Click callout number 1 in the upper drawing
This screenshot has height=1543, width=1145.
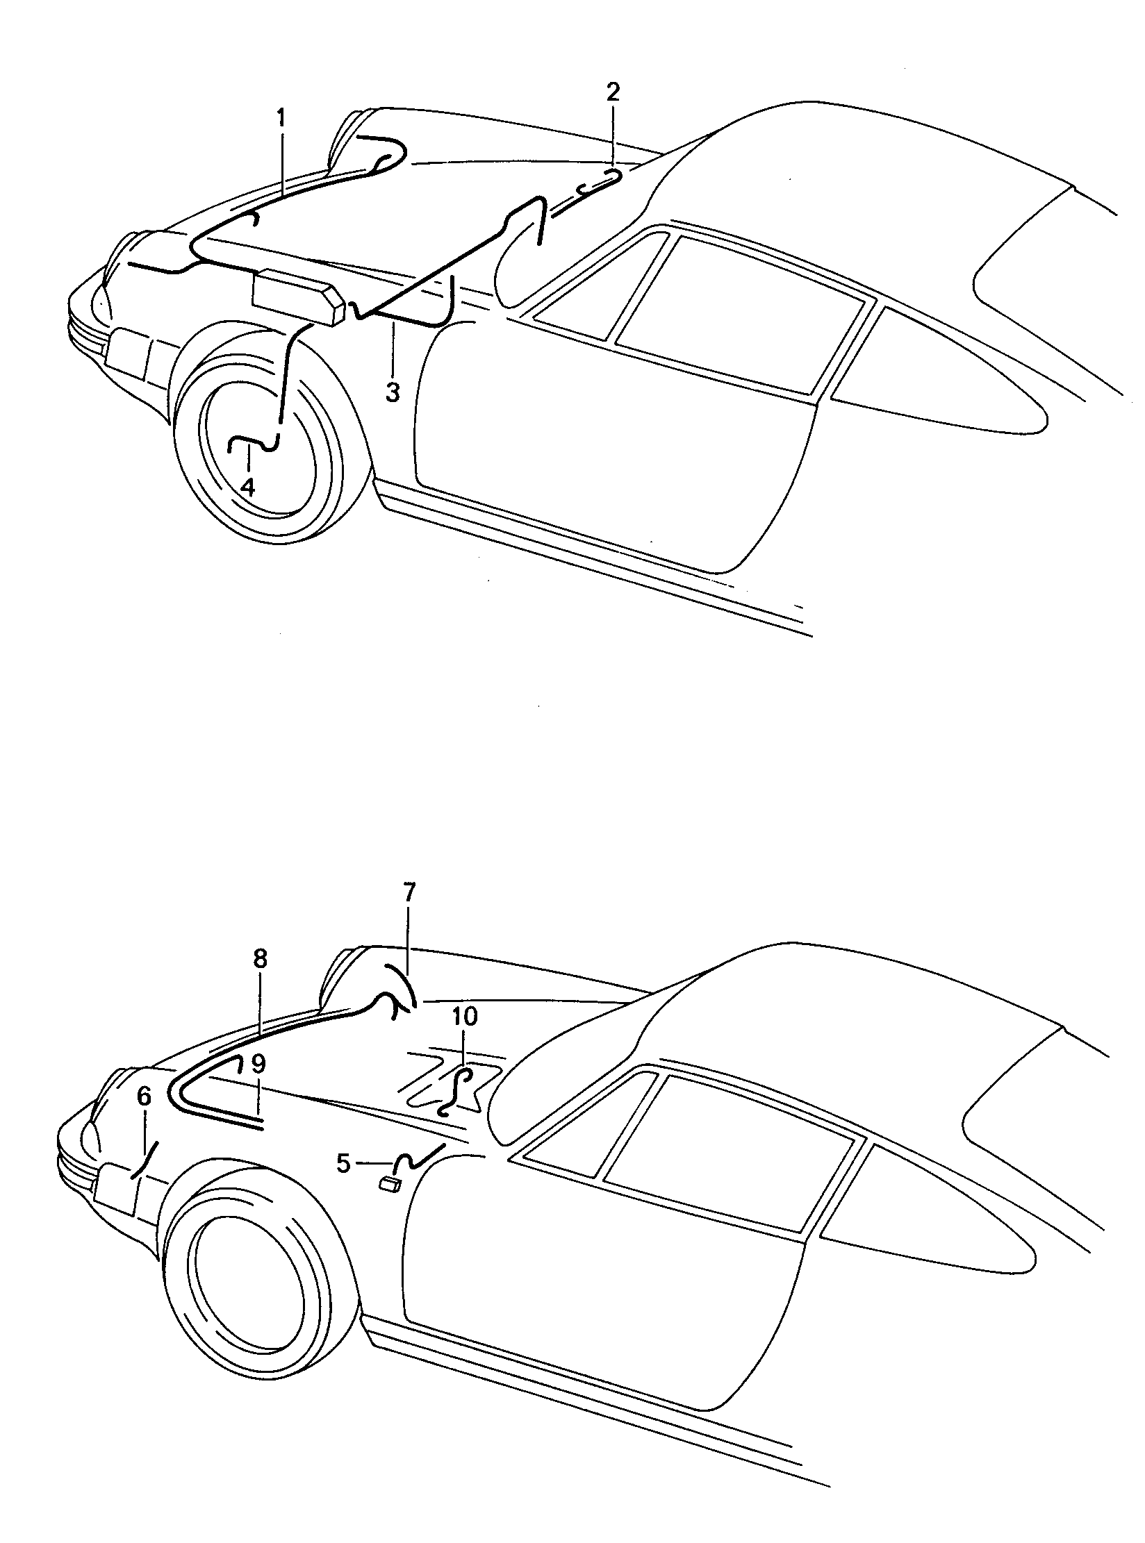281,119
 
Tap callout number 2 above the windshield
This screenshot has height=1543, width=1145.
613,92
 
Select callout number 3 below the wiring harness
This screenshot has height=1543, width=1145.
393,393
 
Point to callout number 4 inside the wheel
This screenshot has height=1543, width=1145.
248,487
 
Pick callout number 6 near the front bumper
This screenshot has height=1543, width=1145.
144,1097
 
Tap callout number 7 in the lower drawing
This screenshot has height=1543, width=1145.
409,892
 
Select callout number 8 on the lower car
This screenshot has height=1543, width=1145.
260,960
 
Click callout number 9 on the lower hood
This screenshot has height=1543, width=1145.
258,1063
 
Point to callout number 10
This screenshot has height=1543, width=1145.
465,1017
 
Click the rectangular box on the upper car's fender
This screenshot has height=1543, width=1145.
299,297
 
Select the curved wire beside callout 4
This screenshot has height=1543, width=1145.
255,443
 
